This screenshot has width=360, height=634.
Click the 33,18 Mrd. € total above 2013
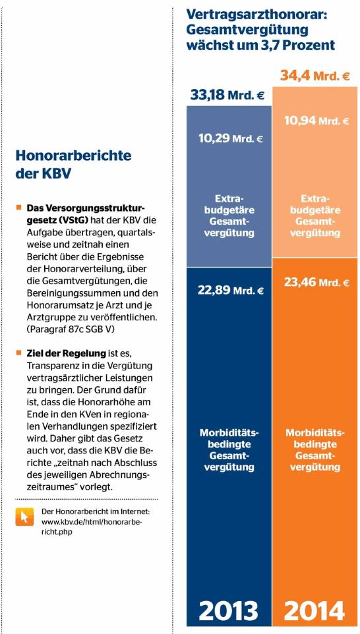227,96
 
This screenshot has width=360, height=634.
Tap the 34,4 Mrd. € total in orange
315,76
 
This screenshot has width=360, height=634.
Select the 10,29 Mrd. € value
231,140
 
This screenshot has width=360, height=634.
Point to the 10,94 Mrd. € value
316,121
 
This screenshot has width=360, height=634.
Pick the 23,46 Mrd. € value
316,282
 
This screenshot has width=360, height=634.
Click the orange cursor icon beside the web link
24,516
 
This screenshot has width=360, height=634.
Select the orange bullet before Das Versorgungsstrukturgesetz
18,208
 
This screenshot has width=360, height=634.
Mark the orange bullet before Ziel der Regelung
18,353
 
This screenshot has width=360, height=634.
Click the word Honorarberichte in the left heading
73,156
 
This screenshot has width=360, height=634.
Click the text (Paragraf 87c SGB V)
71,330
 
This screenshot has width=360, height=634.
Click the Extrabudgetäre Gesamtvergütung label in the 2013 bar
229,216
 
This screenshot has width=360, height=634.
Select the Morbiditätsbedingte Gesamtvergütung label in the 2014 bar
315,450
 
